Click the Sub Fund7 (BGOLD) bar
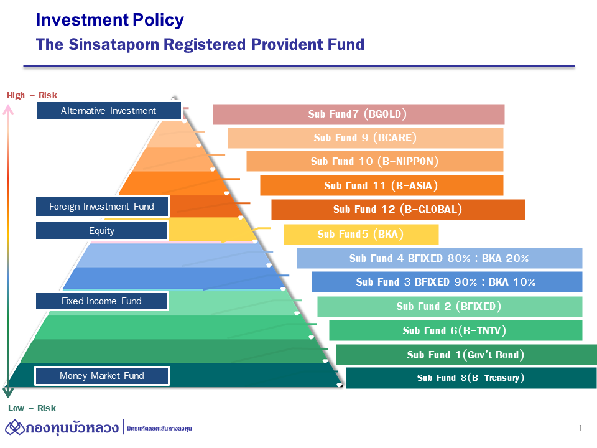click(x=358, y=114)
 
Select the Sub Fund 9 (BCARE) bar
click(x=365, y=138)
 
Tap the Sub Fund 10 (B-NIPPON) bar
click(x=374, y=161)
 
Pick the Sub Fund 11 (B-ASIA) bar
click(x=381, y=185)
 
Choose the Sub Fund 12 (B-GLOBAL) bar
click(x=398, y=209)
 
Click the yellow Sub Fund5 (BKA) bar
click(x=361, y=235)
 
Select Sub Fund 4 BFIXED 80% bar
click(x=439, y=258)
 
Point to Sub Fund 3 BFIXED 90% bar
click(x=447, y=282)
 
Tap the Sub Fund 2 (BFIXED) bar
click(x=449, y=306)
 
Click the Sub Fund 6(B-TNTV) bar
click(x=455, y=330)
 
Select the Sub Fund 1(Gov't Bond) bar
click(x=466, y=355)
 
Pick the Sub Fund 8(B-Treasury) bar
click(x=471, y=378)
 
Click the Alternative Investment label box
click(x=108, y=111)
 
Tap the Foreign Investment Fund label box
click(x=101, y=207)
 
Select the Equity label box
click(x=101, y=231)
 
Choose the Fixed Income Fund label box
click(x=101, y=301)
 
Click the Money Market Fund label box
click(x=101, y=376)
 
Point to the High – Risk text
click(x=32, y=95)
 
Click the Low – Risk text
click(x=32, y=408)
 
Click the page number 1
click(x=580, y=427)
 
